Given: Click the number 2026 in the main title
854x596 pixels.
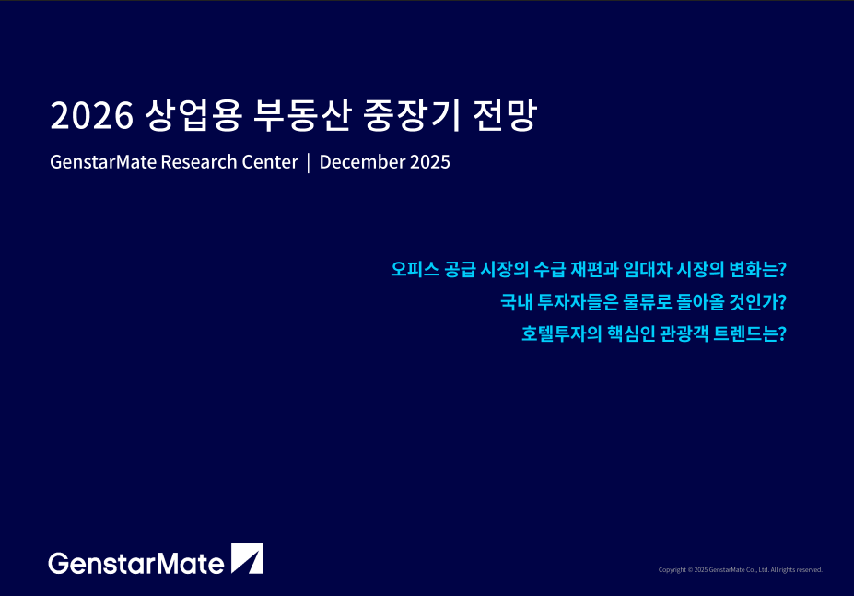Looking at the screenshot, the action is click(x=91, y=115).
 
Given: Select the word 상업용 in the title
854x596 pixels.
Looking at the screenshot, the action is click(x=193, y=115).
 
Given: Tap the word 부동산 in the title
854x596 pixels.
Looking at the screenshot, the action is click(x=302, y=115).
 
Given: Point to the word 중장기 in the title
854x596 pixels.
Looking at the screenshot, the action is click(x=412, y=115).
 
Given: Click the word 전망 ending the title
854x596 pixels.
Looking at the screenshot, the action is click(x=505, y=115).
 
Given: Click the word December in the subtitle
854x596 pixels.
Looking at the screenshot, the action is click(x=362, y=162).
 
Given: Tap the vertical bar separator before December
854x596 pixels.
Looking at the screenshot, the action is click(x=309, y=162).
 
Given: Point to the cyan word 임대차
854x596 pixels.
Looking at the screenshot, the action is click(x=647, y=269).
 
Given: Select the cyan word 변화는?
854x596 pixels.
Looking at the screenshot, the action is click(x=757, y=269).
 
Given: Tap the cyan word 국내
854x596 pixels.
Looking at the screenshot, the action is click(x=516, y=301).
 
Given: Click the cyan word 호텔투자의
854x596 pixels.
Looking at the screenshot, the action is click(x=562, y=333).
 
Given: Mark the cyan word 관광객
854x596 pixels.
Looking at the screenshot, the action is click(x=684, y=333).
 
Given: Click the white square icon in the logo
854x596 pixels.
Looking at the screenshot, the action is click(x=247, y=558).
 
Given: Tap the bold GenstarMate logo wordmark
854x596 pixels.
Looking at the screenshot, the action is click(x=136, y=564).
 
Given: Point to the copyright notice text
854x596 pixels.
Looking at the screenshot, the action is click(x=740, y=570).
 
